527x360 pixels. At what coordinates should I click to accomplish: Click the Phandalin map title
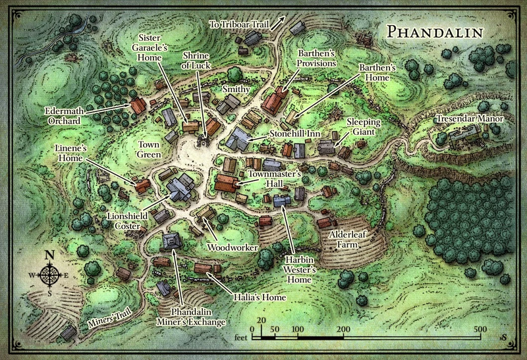pyautogui.click(x=434, y=32)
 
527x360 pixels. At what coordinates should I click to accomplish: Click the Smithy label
pyautogui.click(x=236, y=88)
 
